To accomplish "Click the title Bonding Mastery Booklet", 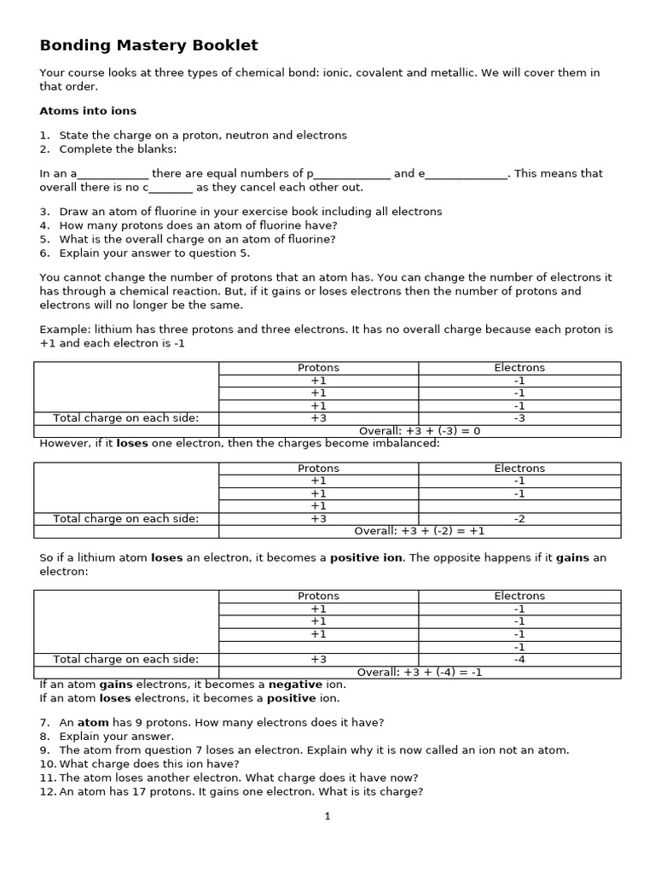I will (148, 45).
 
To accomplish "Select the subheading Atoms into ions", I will (88, 111).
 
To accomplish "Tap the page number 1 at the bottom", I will (327, 816).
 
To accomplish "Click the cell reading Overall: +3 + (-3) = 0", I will (420, 431).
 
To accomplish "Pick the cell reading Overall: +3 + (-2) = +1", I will (420, 531).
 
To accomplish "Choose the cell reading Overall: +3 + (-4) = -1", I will (420, 672).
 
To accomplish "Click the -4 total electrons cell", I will (519, 659).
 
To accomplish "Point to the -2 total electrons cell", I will (519, 518).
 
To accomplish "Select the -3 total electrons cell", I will (519, 418).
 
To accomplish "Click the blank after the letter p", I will (352, 174).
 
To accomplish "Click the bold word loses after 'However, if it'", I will (132, 444).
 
